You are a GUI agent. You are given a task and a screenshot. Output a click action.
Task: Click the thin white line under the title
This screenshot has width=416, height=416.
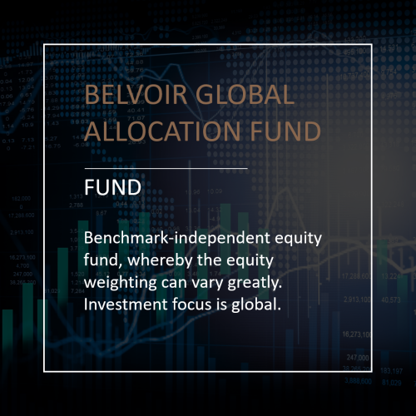(166, 168)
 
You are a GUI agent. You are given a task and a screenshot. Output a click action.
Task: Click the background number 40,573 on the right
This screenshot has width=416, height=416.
(390, 299)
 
